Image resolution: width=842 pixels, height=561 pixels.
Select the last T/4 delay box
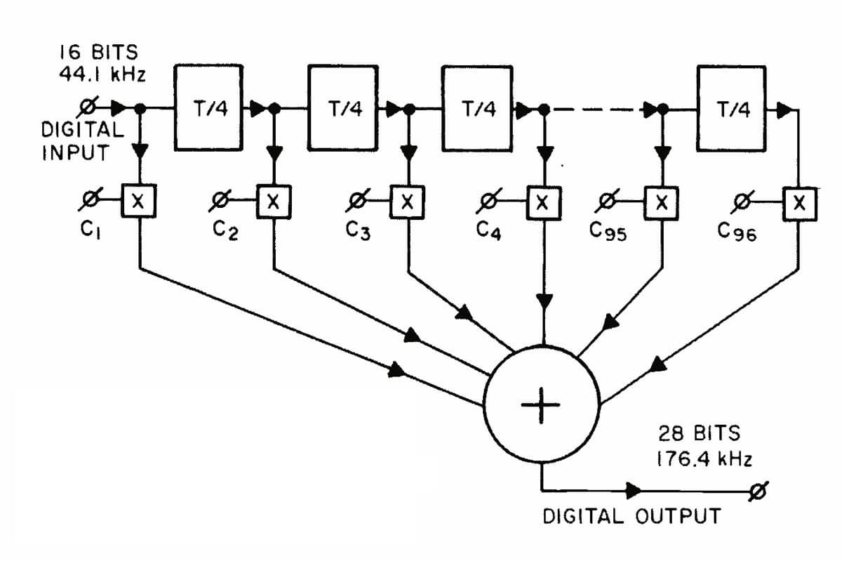[730, 108]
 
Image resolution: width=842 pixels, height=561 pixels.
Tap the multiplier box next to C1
[139, 202]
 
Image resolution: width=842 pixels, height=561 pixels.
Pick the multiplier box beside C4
[542, 203]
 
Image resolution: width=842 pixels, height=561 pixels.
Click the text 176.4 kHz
[704, 460]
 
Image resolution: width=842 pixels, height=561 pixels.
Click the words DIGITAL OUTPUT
[631, 517]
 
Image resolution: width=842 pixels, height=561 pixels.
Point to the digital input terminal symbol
[87, 107]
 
